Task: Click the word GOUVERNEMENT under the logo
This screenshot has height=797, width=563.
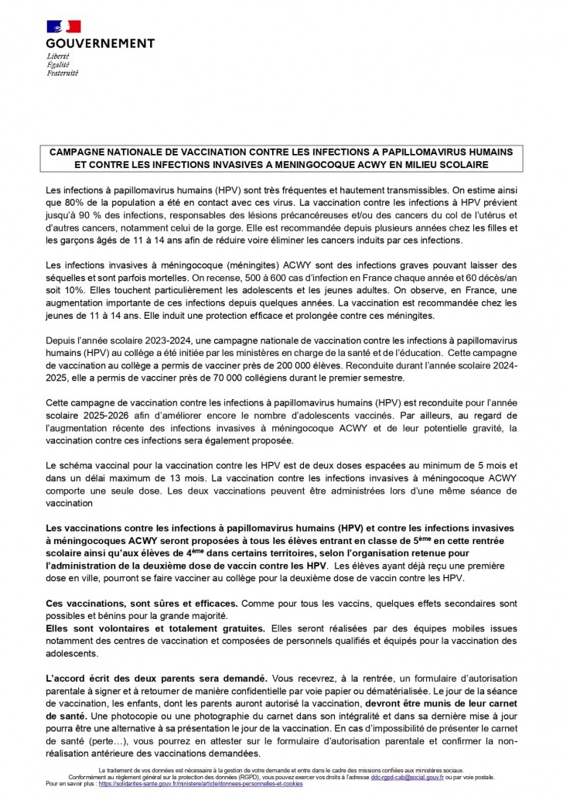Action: click(x=100, y=43)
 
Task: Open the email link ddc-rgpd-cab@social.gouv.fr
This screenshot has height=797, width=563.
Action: click(x=414, y=777)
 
